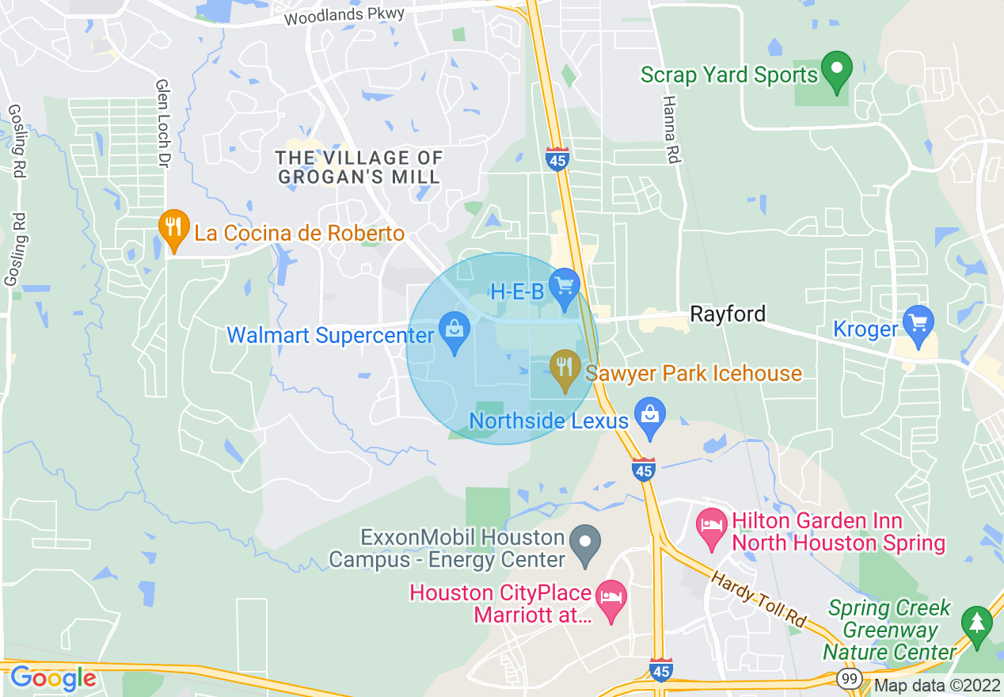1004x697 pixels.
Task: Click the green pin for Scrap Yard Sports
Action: pyautogui.click(x=836, y=71)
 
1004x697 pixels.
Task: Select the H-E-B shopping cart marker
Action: pyautogui.click(x=565, y=287)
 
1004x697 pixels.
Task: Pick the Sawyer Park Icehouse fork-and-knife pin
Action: pyautogui.click(x=565, y=369)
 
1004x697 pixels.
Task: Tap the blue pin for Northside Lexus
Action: pyautogui.click(x=650, y=417)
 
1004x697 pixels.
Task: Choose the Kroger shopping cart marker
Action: pyautogui.click(x=918, y=325)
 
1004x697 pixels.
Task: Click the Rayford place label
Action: pyautogui.click(x=728, y=314)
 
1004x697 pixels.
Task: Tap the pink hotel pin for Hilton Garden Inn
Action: pyautogui.click(x=712, y=528)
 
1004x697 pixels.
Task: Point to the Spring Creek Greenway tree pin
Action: pyautogui.click(x=976, y=624)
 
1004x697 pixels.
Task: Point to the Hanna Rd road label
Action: pyautogui.click(x=671, y=130)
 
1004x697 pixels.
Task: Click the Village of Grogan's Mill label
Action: pyautogui.click(x=359, y=167)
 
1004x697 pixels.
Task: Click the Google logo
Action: pyautogui.click(x=53, y=678)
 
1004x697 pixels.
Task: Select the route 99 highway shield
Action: pyautogui.click(x=849, y=679)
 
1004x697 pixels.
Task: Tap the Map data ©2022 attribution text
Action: pyautogui.click(x=937, y=686)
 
